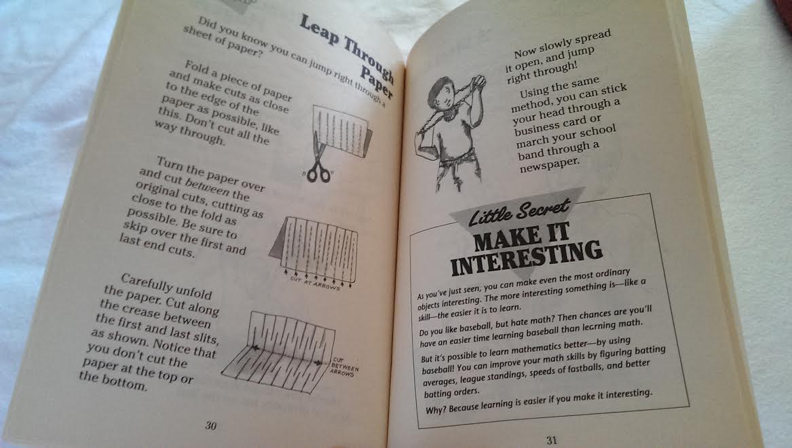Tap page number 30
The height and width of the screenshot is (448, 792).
coord(210,426)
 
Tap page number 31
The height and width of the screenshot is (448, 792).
coord(552,440)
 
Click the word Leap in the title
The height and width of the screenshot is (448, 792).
coord(320,31)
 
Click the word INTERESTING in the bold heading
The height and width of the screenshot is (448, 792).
coord(527,258)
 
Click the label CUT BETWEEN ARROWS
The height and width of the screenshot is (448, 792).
coord(343,367)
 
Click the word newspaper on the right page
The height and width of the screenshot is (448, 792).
coord(550,164)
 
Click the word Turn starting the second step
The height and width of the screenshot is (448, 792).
coord(169,164)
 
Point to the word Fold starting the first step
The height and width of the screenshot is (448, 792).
coord(196,67)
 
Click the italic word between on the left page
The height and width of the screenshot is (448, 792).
coord(207,187)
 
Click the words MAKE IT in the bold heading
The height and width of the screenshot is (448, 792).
coord(521,236)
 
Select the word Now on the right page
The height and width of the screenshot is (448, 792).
coord(525,52)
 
